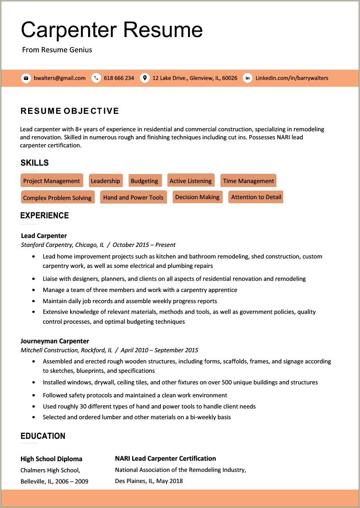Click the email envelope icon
click(26, 78)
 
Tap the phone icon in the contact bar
click(96, 78)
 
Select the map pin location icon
click(144, 78)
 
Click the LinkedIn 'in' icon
click(247, 78)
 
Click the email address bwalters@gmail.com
click(59, 78)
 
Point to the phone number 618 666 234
click(119, 78)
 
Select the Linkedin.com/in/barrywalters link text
click(292, 78)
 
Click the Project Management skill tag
click(52, 181)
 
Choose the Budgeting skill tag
click(144, 181)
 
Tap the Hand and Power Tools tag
click(133, 197)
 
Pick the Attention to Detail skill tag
click(256, 197)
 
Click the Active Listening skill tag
click(191, 181)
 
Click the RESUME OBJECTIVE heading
click(70, 111)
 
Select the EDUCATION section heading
click(43, 436)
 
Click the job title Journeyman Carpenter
click(55, 341)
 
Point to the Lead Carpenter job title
click(44, 236)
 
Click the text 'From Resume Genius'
click(57, 50)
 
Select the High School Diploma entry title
click(51, 459)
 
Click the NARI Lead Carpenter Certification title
click(165, 458)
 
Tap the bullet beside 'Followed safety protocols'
click(34, 396)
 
